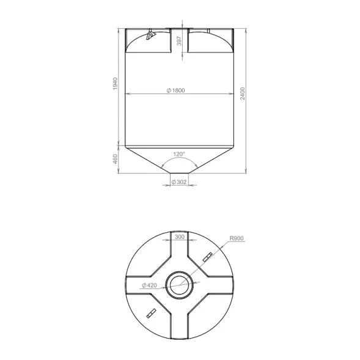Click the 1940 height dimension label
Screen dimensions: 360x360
116,84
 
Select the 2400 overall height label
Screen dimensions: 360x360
243,94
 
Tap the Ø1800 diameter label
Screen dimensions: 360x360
175,90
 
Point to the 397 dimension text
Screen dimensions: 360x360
179,41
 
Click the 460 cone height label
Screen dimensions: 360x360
116,159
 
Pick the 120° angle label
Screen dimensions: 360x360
179,154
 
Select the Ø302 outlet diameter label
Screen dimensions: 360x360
179,182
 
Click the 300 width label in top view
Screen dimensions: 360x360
180,237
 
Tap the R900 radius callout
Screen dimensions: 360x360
237,238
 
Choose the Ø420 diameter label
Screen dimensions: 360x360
149,285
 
